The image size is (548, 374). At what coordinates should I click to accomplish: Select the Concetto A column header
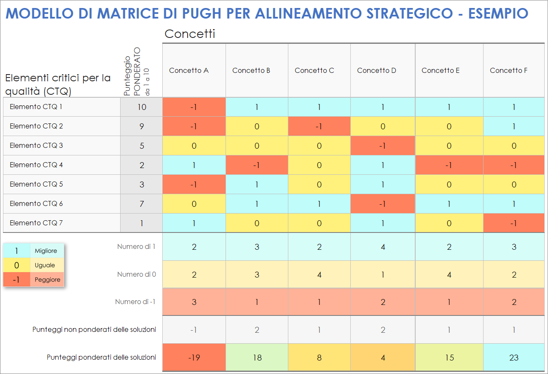(x=189, y=70)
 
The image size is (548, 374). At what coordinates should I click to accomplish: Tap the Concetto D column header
(x=376, y=70)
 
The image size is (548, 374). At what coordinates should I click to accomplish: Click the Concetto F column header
(x=508, y=70)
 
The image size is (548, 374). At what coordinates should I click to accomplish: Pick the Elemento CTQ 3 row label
(x=36, y=145)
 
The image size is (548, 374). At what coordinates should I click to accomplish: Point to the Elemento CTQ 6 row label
(x=36, y=203)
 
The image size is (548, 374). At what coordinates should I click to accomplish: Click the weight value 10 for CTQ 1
(x=142, y=107)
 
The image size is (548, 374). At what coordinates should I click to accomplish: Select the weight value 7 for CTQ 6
(x=142, y=204)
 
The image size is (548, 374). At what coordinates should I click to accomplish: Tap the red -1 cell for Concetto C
(x=319, y=126)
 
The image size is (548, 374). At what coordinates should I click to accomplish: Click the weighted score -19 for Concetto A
(x=194, y=358)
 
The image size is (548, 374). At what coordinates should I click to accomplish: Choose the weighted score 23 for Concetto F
(x=513, y=358)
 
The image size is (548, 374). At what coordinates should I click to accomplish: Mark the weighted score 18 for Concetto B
(x=257, y=358)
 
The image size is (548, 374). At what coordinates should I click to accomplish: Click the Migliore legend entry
(x=46, y=251)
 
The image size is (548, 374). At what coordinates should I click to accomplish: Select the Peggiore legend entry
(x=47, y=280)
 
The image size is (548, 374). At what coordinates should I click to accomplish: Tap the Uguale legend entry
(x=45, y=265)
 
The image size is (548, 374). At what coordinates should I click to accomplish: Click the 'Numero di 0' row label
(x=137, y=274)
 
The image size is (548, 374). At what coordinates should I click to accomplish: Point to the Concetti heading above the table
(x=190, y=34)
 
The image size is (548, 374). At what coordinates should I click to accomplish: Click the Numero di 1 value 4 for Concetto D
(x=383, y=247)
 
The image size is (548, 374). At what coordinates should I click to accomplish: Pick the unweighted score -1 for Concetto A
(x=194, y=330)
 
